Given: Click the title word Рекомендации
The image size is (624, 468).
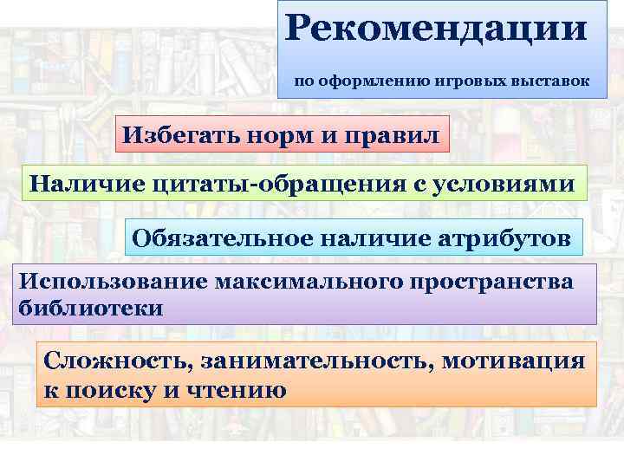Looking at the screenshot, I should coord(435,27).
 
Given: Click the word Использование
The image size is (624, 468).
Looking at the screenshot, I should coord(107,283).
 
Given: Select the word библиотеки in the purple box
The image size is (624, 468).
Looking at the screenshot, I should coord(90,307).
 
